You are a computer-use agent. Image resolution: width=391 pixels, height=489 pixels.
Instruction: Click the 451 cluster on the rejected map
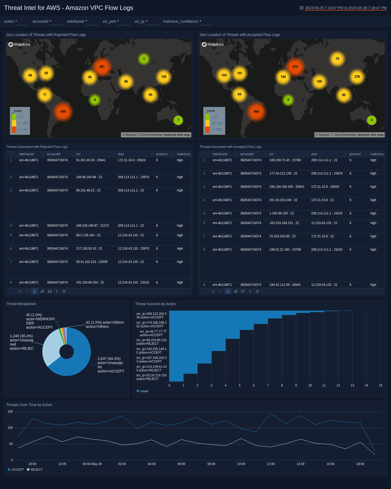[102, 67]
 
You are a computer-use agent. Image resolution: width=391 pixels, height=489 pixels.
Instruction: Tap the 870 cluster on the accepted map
[295, 67]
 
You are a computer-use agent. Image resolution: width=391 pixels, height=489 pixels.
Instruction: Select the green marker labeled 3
[144, 59]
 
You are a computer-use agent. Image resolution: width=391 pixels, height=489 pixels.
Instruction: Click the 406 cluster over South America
[63, 111]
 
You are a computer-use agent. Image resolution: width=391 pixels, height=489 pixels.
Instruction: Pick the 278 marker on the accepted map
[357, 77]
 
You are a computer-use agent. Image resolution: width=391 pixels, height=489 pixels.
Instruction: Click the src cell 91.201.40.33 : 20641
[91, 160]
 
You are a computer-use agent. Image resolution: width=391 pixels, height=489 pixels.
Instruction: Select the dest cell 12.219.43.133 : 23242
[133, 282]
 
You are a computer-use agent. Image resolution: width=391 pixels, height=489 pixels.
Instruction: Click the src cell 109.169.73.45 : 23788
[285, 160]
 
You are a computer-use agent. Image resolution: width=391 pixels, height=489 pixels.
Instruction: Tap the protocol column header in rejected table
[161, 154]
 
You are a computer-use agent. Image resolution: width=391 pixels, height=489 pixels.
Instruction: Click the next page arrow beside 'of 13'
[57, 291]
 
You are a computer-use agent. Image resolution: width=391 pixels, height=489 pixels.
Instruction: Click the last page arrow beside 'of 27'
[257, 291]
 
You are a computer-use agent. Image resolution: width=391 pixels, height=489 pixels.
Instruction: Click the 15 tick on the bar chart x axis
[380, 385]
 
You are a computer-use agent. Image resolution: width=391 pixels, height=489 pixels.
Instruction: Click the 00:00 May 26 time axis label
[92, 464]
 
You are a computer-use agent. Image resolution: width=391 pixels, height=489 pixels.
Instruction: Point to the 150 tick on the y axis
[10, 412]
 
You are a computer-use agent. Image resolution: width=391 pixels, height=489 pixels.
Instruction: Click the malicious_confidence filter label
[180, 21]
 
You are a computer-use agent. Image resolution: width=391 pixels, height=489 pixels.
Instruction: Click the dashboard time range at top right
[345, 8]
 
